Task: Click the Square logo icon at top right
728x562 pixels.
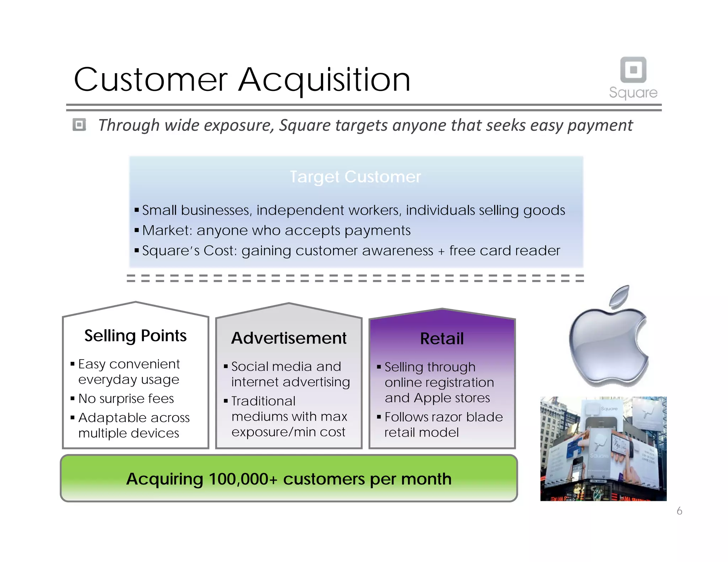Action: point(633,70)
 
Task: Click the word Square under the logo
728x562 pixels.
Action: point(633,92)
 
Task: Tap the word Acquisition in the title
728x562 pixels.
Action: point(324,80)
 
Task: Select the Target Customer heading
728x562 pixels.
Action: point(355,177)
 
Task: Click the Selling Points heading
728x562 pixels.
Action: point(135,335)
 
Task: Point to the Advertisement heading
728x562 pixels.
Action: point(289,338)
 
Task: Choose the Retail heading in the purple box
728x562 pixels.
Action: point(442,339)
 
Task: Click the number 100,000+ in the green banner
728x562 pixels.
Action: point(243,479)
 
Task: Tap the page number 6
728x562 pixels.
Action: point(679,511)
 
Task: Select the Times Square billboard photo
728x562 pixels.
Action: point(603,449)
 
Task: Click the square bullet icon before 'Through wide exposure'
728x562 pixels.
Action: point(79,125)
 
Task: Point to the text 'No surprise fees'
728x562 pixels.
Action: point(126,399)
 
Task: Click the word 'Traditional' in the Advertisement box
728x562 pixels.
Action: point(263,401)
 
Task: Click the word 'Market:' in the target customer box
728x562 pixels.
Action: point(167,231)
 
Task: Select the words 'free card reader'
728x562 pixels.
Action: point(504,251)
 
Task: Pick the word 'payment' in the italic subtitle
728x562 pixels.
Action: point(600,125)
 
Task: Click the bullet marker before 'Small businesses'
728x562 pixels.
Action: point(136,210)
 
